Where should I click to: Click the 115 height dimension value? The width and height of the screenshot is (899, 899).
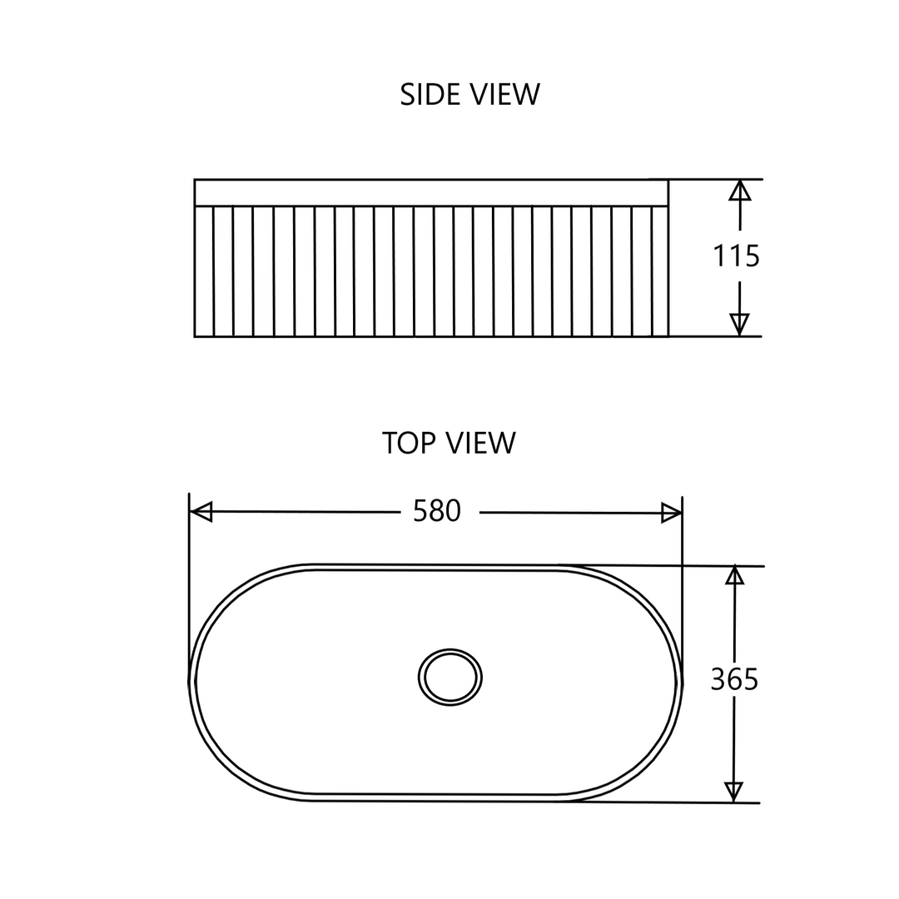(x=737, y=256)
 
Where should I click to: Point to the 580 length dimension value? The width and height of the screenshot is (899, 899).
(x=437, y=510)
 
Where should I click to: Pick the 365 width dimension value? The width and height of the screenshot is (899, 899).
(x=734, y=679)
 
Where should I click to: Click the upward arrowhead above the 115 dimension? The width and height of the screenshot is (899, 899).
(x=740, y=191)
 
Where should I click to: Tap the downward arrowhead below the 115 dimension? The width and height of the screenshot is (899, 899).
(x=739, y=323)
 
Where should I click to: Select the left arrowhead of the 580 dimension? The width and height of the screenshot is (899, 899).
(x=202, y=511)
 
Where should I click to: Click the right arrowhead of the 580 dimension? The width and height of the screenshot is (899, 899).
(x=671, y=513)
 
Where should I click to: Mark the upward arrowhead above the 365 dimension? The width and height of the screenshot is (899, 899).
(x=734, y=575)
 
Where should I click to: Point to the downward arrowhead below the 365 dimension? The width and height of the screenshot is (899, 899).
(x=733, y=791)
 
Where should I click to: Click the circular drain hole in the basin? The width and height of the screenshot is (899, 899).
(x=450, y=678)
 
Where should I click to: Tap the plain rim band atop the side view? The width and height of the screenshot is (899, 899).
(x=431, y=192)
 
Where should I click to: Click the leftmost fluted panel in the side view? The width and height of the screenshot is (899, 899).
(x=204, y=271)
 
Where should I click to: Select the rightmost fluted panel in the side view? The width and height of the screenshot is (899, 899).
(x=659, y=271)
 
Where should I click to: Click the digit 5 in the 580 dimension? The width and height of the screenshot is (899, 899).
(x=420, y=510)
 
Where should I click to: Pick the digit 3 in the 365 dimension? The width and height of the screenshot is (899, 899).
(x=718, y=679)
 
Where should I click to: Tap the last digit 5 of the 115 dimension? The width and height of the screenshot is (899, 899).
(x=752, y=256)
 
